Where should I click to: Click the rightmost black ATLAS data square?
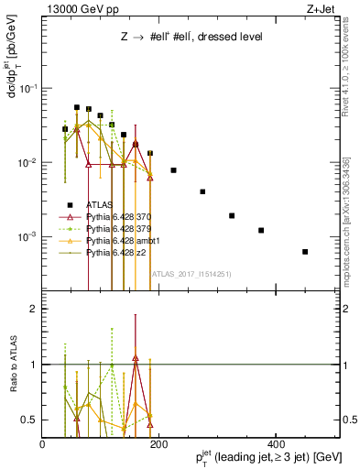click(305, 251)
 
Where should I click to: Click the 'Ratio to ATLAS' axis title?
click(12, 365)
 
